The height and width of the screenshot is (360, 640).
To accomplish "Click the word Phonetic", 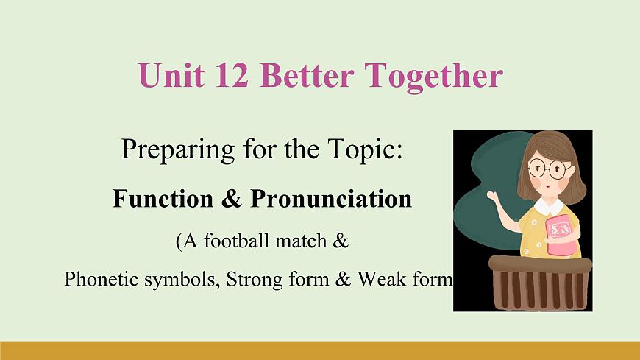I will point(96,280).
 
